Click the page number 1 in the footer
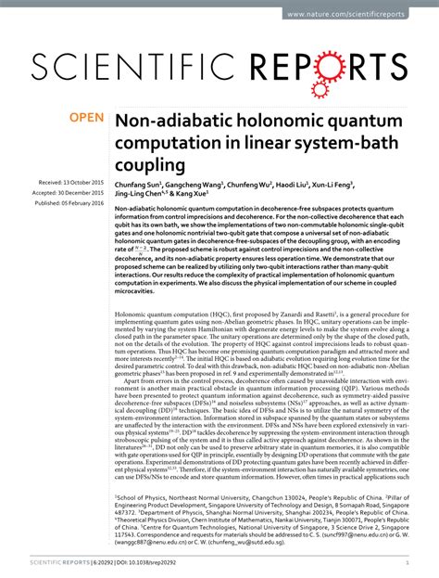(x=408, y=563)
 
